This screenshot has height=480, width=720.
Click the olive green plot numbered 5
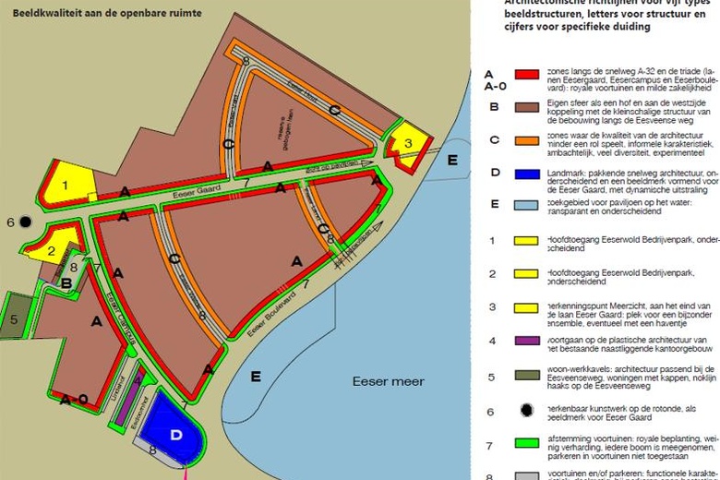pyautogui.click(x=15, y=318)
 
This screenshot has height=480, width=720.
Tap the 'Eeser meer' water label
pyautogui.click(x=388, y=381)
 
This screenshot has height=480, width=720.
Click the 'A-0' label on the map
pyautogui.click(x=73, y=400)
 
